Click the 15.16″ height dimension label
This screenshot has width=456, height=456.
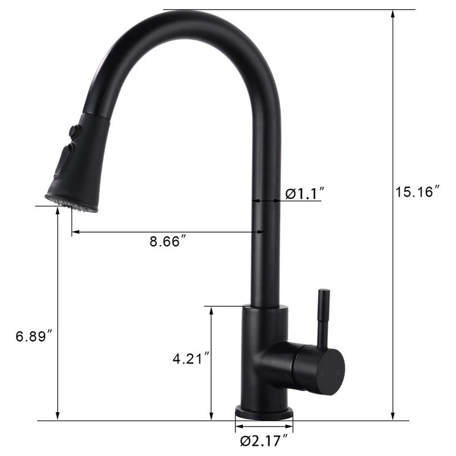[x=417, y=192]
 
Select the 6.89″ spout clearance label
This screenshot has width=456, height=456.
[x=34, y=336]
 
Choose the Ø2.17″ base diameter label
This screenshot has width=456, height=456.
[x=264, y=440]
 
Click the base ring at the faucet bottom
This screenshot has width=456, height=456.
[x=264, y=412]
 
